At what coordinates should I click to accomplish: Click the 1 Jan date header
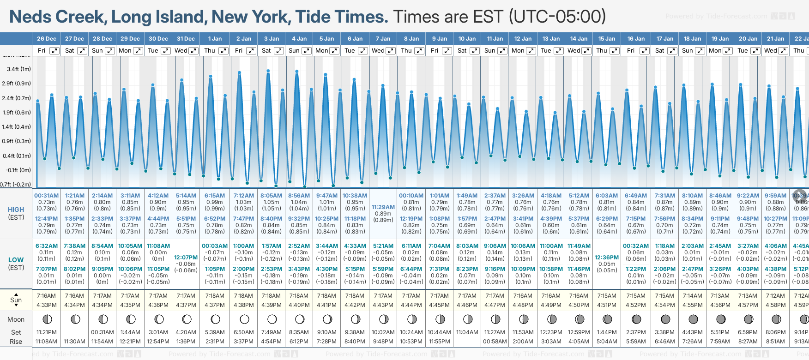click(215, 39)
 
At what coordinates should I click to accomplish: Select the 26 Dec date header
click(47, 39)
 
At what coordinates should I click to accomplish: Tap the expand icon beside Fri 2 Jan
click(251, 51)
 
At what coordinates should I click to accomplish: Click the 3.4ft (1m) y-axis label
click(19, 69)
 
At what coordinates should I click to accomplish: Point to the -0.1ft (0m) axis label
click(19, 170)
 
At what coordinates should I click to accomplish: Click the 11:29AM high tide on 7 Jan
click(383, 207)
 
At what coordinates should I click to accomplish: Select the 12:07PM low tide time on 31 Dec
click(186, 258)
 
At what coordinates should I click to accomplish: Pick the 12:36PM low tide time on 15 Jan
click(607, 258)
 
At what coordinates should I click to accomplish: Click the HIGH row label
click(16, 210)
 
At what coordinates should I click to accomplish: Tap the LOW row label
click(16, 260)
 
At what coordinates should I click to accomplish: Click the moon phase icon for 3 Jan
click(272, 319)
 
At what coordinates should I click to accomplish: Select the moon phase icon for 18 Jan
click(693, 319)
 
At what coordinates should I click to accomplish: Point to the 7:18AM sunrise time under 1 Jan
click(215, 296)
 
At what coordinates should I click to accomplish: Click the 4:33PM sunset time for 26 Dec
click(47, 305)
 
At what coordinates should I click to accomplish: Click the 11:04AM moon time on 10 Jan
click(467, 332)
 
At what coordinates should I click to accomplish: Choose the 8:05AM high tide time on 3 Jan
click(271, 196)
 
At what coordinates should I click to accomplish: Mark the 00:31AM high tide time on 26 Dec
click(46, 196)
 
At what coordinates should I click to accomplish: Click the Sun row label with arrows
click(16, 300)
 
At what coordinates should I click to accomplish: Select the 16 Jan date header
click(636, 39)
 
